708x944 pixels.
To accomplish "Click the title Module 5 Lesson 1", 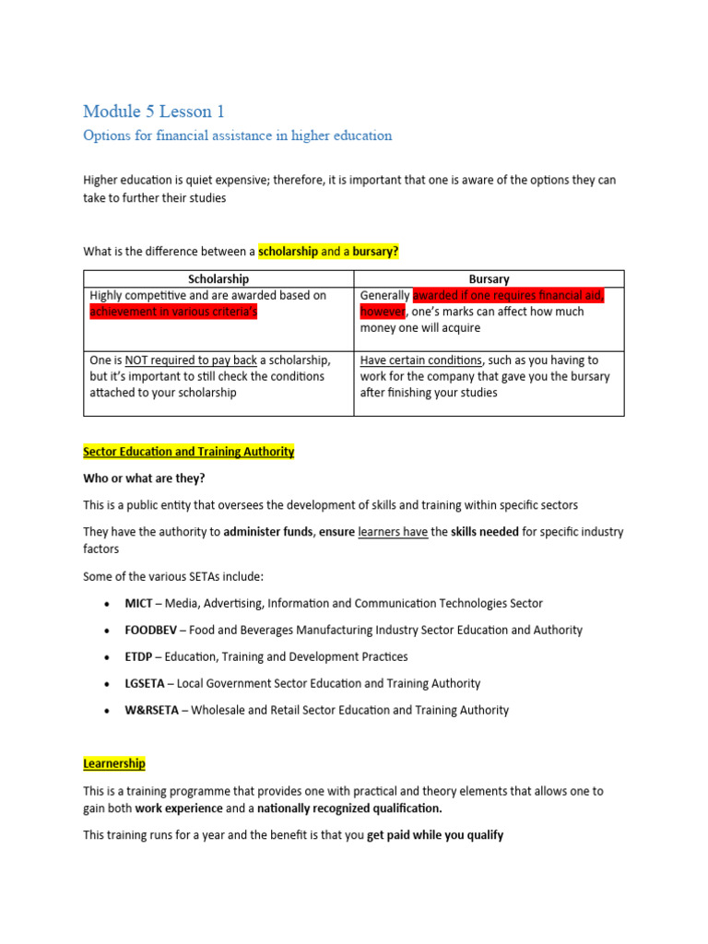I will (x=154, y=112).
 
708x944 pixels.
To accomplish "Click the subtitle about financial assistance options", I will (x=237, y=136).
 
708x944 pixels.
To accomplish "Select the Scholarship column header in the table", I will (x=218, y=278).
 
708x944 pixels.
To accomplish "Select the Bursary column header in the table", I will (x=489, y=278).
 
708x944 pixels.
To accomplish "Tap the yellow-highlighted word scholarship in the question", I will (x=288, y=251).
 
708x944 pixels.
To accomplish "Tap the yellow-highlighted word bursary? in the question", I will (x=375, y=251).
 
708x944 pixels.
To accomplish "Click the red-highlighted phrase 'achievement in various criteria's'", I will (x=173, y=312).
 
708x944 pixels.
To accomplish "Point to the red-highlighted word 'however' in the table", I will (x=382, y=312).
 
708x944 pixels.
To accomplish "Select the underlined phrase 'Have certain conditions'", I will (x=420, y=360).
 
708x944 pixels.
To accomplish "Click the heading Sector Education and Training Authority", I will (x=189, y=452).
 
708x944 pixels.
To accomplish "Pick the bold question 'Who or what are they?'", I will (x=144, y=478).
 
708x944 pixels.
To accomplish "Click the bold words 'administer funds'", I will (x=268, y=532).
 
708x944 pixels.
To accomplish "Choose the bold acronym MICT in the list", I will (x=140, y=603).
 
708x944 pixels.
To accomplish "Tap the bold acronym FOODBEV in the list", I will (x=152, y=630).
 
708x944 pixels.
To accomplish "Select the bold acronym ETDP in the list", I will (x=140, y=656).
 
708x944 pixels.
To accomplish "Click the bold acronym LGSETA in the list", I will (x=147, y=683).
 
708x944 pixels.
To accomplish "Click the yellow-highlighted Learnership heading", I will (x=114, y=764).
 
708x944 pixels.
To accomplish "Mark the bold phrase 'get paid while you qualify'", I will (x=435, y=835).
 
